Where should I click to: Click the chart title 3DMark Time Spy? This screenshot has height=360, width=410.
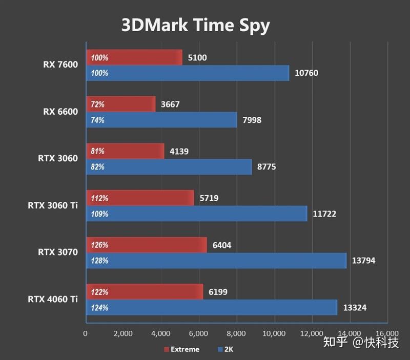[195, 25]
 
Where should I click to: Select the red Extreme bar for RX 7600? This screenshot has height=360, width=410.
[134, 57]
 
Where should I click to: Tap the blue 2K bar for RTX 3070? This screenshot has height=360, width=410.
[216, 261]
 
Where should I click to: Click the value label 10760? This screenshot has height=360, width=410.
[306, 73]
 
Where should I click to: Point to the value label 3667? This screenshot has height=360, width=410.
[170, 104]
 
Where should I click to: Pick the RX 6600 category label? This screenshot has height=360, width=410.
[60, 112]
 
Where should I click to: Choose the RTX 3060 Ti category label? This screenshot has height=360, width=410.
[53, 205]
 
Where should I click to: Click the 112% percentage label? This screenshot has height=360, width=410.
[99, 198]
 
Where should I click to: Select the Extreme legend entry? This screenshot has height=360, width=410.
[181, 349]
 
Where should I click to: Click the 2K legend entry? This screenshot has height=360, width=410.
[226, 349]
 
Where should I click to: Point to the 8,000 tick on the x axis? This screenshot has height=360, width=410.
[236, 333]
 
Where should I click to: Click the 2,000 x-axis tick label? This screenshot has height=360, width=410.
[123, 333]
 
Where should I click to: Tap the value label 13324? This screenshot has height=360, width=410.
[354, 308]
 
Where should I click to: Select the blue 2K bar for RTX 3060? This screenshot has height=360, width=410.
[169, 167]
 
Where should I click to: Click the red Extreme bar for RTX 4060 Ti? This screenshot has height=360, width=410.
[145, 292]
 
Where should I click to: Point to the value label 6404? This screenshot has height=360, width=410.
[221, 245]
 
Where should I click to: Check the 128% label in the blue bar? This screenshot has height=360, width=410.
[99, 261]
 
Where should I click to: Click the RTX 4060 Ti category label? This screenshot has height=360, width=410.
[53, 299]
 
